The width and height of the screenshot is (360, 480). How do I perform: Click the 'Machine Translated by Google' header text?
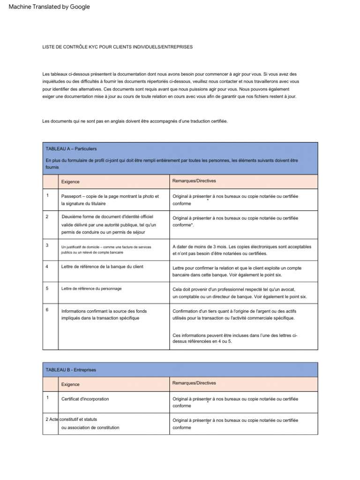point(49,7)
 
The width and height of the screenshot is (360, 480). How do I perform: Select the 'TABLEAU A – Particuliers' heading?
point(71,149)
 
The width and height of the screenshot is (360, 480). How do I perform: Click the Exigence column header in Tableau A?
point(70,181)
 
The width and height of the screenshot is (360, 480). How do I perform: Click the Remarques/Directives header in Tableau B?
point(194,383)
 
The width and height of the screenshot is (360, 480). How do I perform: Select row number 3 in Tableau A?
point(47,245)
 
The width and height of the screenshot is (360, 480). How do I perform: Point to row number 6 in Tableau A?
point(47,310)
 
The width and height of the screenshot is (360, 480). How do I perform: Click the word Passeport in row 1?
point(73,196)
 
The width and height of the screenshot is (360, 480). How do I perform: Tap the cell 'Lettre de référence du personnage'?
point(91,289)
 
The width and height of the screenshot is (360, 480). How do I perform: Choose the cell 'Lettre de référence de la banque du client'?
point(102,267)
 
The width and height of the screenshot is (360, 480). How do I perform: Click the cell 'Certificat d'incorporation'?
point(85,399)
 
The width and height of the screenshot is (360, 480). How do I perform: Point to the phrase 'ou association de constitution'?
point(90,427)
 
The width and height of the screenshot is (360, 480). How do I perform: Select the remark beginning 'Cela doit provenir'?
point(239,293)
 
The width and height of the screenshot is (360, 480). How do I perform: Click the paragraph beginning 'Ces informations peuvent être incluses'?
point(234,338)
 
